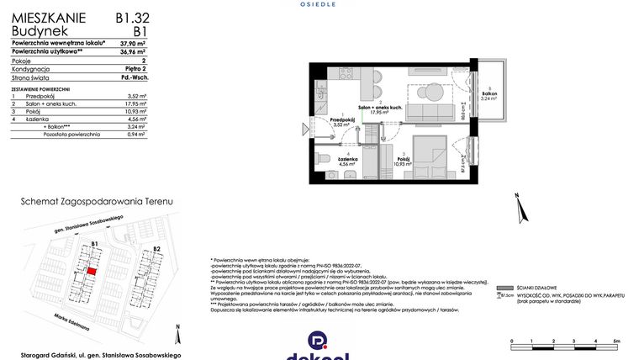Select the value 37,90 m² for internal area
(133, 42)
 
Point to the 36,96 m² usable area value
(133, 51)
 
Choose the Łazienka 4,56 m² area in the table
(138, 119)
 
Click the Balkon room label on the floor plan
(488, 94)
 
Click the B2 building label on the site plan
(156, 249)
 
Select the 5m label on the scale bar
(615, 340)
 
